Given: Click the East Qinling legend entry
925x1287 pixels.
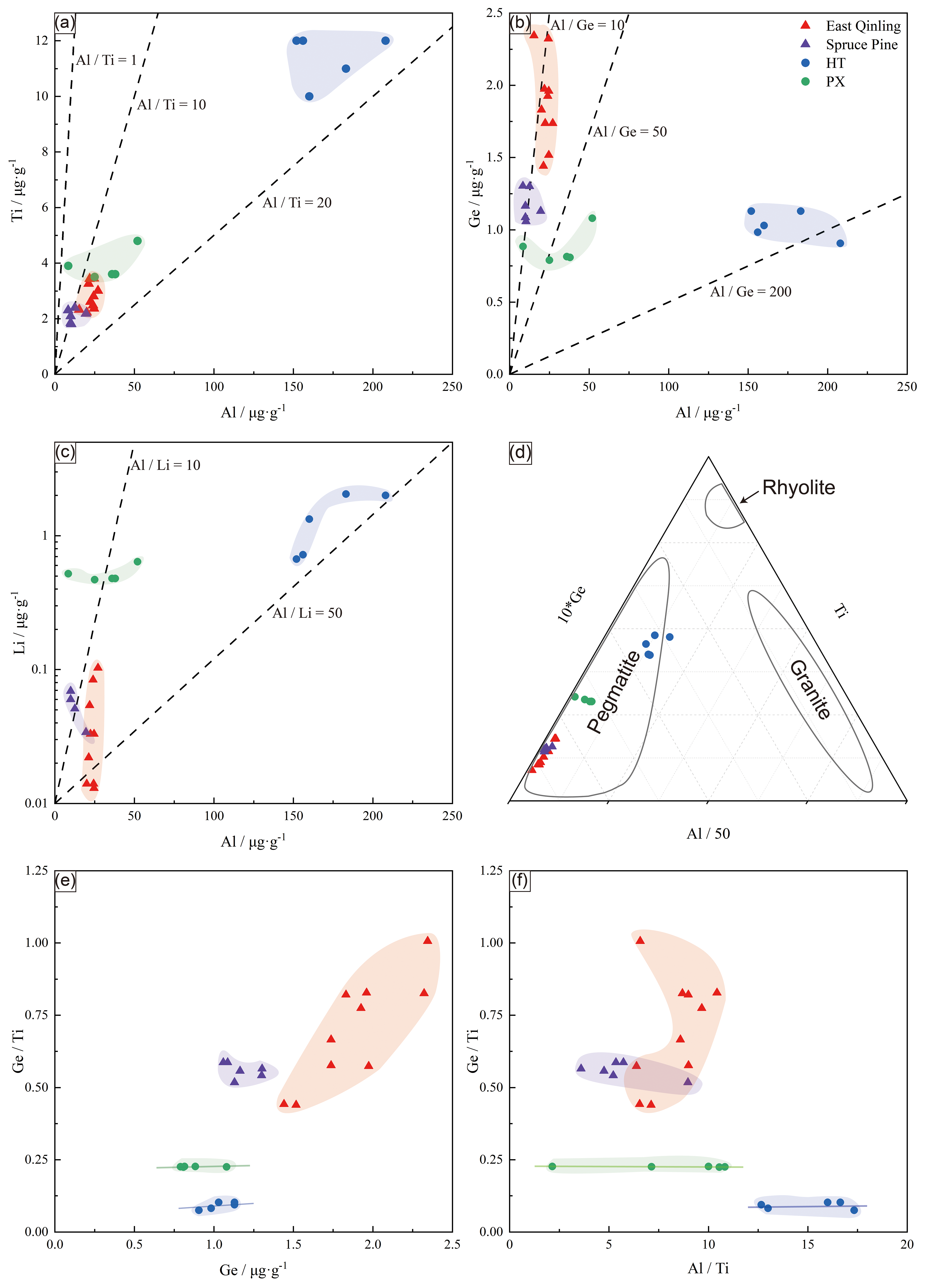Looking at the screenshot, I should (863, 26).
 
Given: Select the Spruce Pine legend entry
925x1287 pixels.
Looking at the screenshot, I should (861, 45).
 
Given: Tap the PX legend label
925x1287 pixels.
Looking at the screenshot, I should (835, 82).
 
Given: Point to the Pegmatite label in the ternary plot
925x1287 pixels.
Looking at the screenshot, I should (614, 692).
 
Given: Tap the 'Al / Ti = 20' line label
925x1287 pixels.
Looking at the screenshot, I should (297, 203).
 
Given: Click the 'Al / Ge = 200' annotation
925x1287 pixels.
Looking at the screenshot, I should (750, 292).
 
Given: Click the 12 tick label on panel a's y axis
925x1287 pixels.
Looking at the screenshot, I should (42, 40).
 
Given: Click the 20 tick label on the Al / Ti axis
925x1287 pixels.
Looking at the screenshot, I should (906, 1245).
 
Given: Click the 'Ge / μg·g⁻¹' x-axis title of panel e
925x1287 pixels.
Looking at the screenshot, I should (253, 1269).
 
